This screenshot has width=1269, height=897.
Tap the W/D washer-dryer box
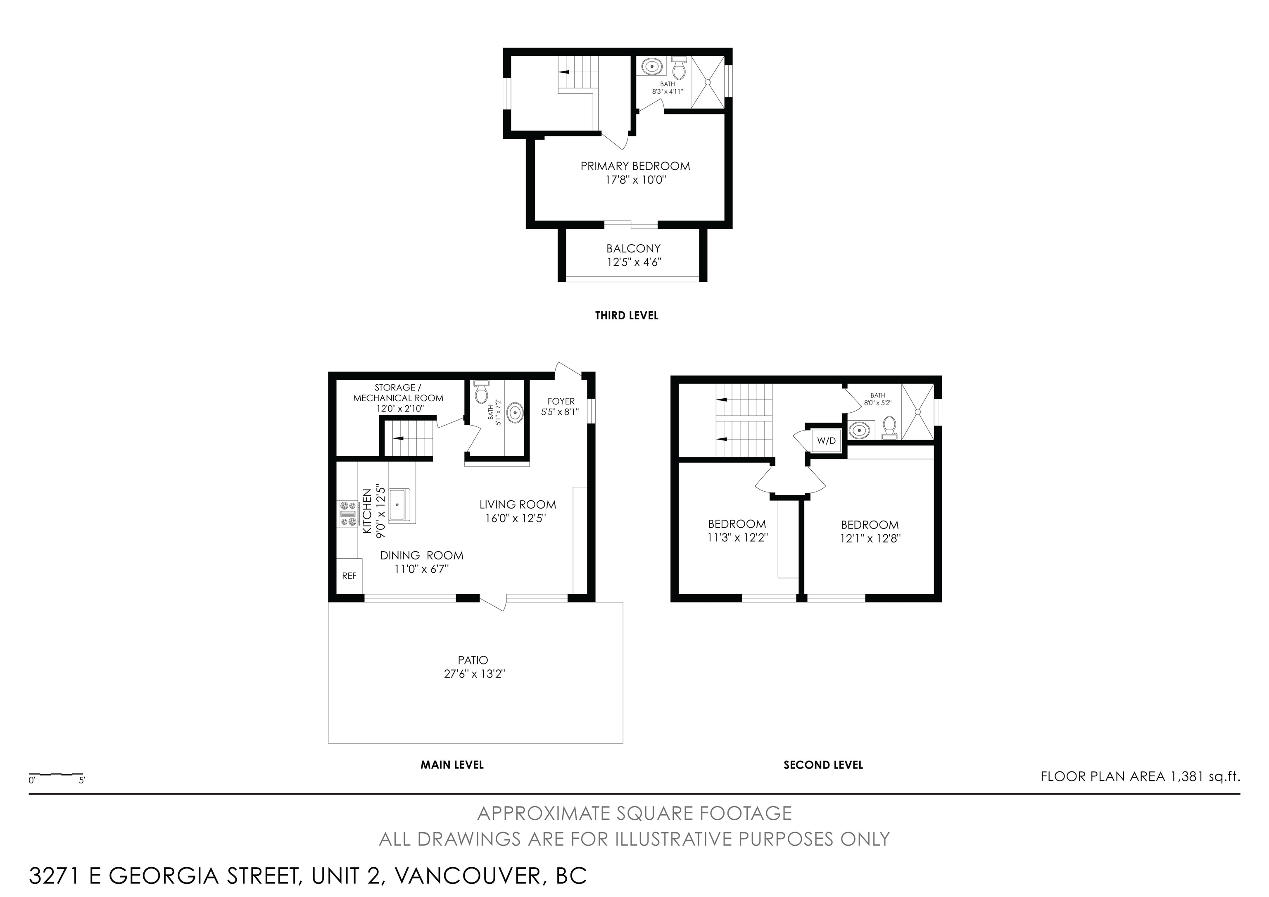click(826, 441)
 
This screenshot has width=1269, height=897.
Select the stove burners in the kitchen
click(348, 514)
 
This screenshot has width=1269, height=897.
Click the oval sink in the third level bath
click(653, 67)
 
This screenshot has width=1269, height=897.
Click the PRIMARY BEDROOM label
click(635, 166)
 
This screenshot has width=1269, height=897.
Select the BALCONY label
click(633, 249)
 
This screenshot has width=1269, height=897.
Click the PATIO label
click(473, 660)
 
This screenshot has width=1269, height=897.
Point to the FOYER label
click(561, 401)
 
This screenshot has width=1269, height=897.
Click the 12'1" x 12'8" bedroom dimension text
click(870, 538)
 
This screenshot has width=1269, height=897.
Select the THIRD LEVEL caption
click(626, 316)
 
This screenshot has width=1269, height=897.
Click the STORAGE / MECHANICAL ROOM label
click(398, 393)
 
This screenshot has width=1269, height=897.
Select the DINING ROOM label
click(422, 555)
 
